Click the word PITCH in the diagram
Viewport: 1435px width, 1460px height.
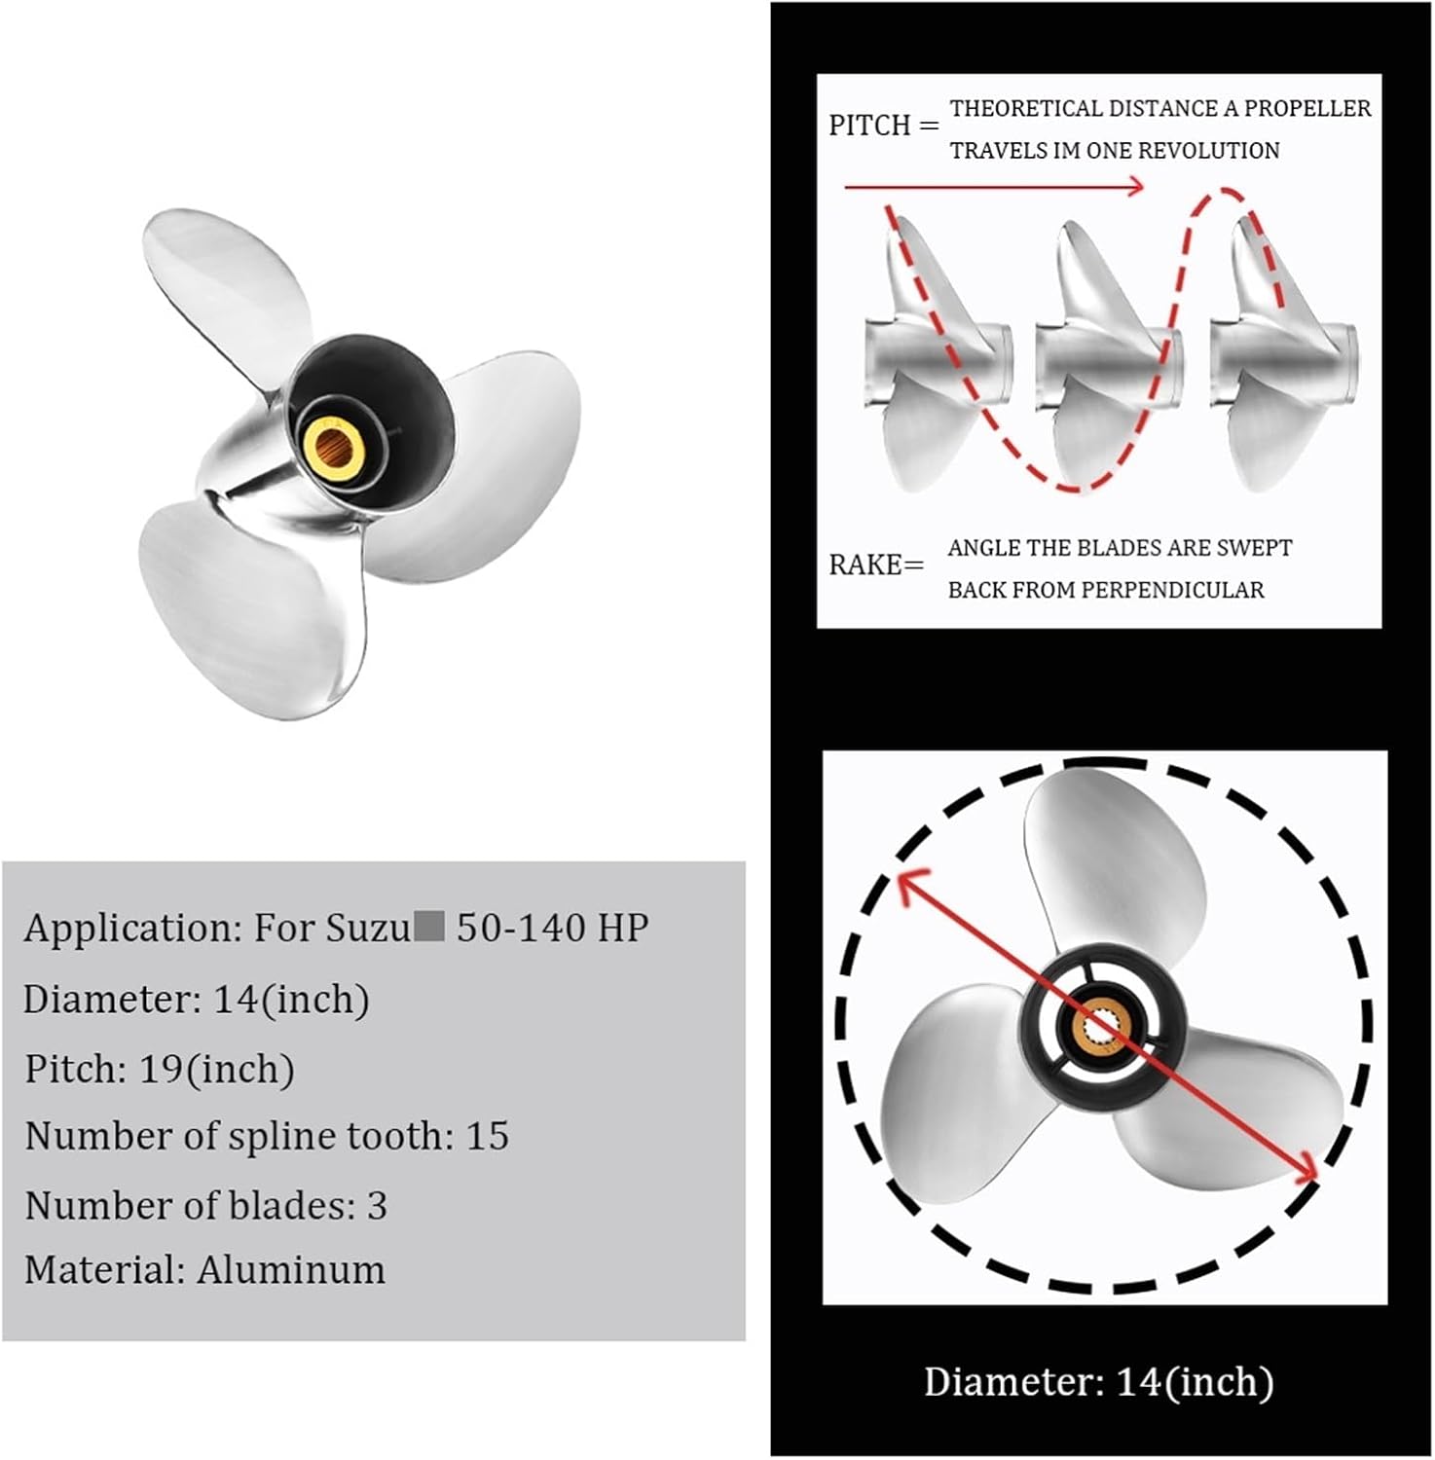coord(869,126)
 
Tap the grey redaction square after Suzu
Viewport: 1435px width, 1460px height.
coord(429,926)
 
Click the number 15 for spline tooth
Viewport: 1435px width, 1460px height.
coord(487,1136)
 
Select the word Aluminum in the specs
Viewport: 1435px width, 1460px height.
coord(291,1270)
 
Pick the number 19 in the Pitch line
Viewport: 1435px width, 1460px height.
coord(162,1069)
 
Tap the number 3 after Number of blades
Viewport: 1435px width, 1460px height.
coord(377,1206)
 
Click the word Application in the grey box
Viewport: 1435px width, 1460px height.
coord(131,928)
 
